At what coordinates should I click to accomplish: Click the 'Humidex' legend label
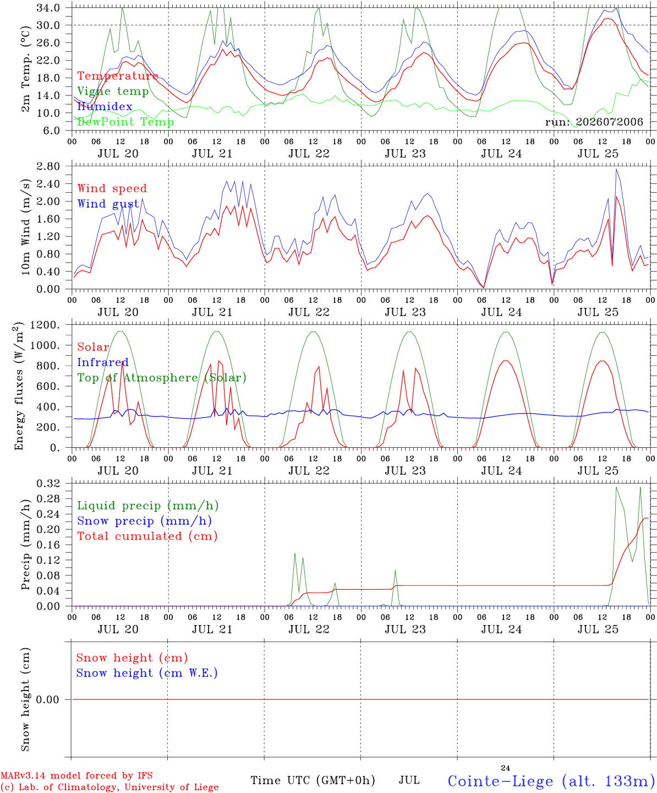point(105,106)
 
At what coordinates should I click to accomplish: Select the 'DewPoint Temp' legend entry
point(125,122)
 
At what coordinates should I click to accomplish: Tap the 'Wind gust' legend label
point(108,204)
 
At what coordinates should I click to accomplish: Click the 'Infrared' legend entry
point(103,362)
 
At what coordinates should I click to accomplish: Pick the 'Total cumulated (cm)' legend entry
point(147,536)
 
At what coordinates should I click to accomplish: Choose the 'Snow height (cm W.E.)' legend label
point(147,673)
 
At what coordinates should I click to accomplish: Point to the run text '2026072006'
point(609,122)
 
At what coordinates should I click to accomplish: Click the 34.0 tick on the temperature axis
point(48,8)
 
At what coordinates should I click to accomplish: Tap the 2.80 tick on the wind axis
point(48,166)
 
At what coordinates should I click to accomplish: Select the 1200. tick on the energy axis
point(45,325)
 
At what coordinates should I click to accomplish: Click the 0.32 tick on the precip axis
point(48,484)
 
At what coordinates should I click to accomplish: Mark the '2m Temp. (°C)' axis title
point(25,69)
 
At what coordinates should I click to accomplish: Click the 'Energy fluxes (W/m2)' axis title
point(19,386)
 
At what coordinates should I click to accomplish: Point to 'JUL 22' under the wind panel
point(309,312)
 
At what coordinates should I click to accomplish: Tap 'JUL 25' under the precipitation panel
point(598,629)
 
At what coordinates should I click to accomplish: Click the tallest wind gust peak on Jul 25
point(616,169)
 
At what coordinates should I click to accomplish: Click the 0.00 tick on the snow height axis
point(48,699)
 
